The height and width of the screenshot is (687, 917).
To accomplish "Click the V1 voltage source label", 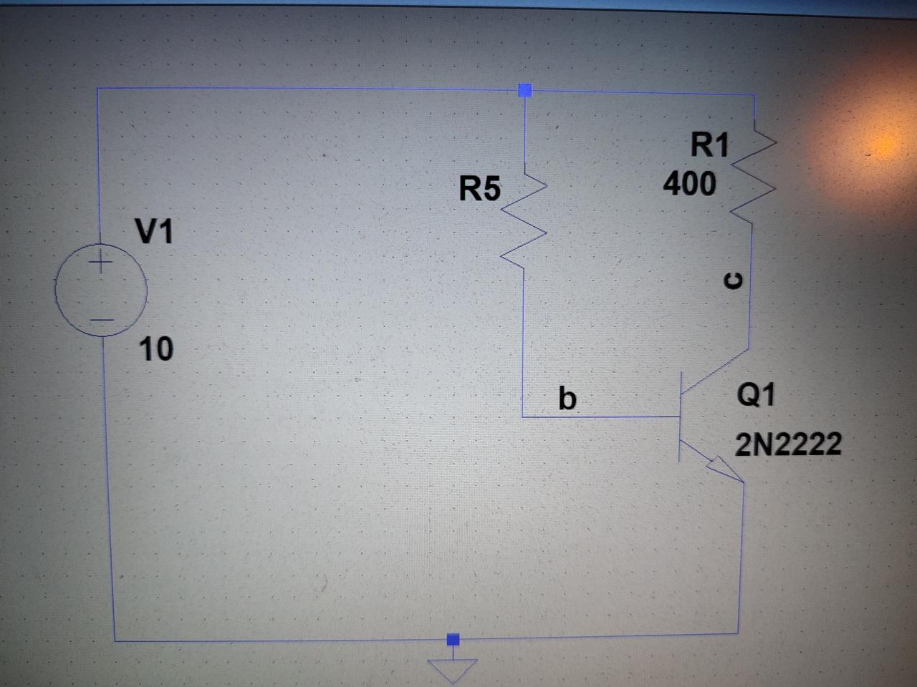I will coord(154,232).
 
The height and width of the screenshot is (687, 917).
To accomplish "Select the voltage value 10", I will coord(155,349).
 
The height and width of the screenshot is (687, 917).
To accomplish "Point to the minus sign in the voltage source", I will coord(102,319).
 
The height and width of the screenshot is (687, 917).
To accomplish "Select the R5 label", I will coord(480,190).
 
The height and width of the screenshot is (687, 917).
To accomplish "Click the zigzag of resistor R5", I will coord(524,222).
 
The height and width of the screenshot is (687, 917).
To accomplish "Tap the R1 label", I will coord(709,145).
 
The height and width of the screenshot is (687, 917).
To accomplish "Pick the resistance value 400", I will coord(689,184).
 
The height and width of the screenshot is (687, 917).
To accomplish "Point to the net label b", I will coord(567,397).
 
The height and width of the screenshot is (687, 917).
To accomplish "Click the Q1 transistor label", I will coord(756,394).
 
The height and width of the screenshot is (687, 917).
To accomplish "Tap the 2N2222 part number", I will coord(789,445).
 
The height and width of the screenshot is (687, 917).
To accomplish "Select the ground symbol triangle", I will coord(452,669).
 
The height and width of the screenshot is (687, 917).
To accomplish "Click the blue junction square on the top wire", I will coord(526,90).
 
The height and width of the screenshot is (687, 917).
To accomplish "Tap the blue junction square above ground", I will coord(452,638).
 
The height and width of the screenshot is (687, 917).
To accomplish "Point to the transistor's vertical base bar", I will coord(680,416).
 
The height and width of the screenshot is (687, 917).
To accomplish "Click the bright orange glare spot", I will coord(888,143).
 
